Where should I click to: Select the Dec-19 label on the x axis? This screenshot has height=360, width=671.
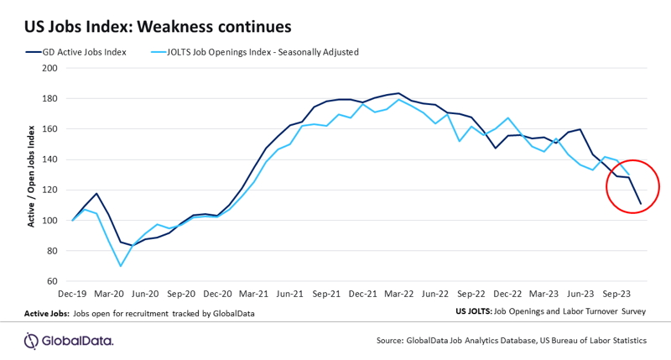[x=72, y=295]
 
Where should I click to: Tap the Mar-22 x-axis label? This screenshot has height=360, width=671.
[x=398, y=295]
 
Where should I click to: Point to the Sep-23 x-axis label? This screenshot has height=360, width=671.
[x=616, y=295]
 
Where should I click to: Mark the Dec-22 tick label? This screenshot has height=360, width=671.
[x=507, y=295]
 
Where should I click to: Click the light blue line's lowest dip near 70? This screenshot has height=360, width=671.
[x=121, y=266]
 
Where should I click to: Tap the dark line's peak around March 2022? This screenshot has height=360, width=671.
[x=398, y=93]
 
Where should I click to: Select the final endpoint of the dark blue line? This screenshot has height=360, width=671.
[x=641, y=204]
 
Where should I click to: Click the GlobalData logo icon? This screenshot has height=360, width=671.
[x=31, y=340]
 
